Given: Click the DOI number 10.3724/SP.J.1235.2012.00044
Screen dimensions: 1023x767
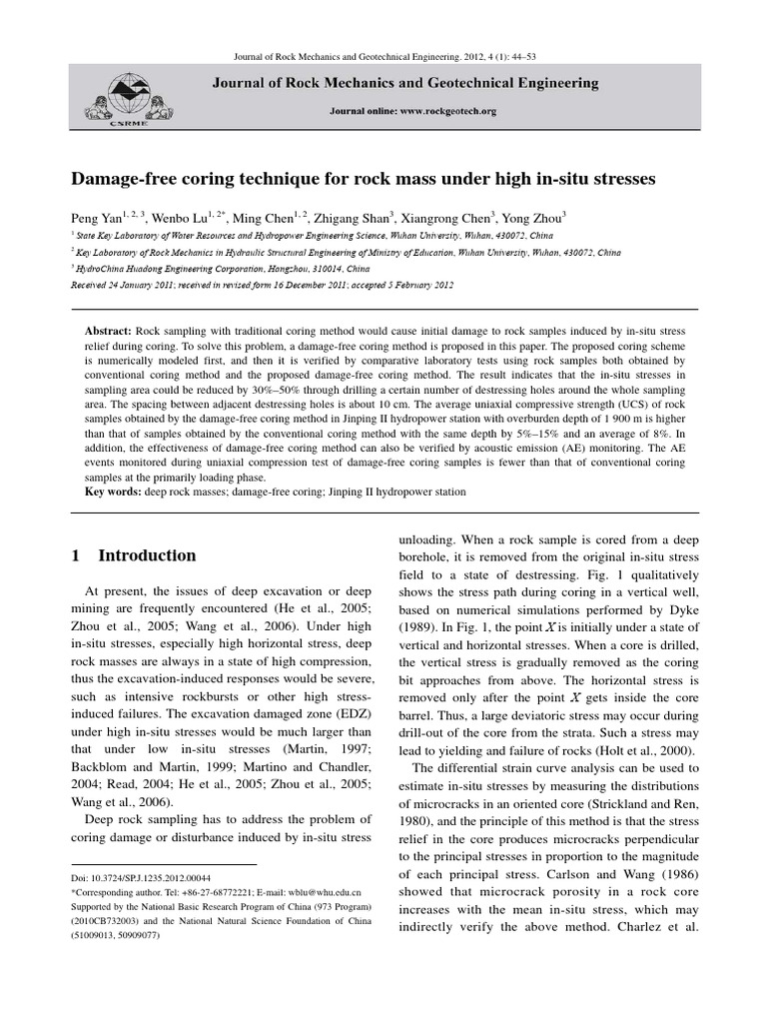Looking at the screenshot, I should (x=154, y=875).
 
